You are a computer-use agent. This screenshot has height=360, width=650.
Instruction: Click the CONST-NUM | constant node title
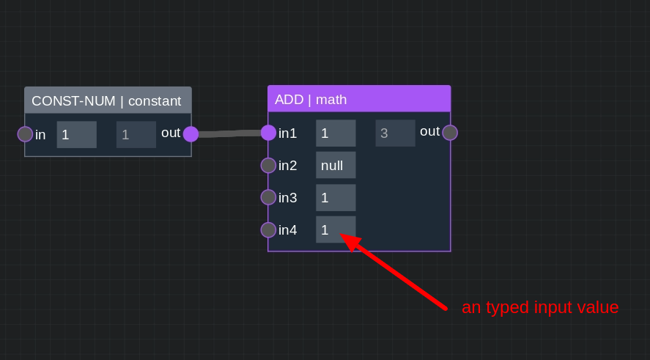(106, 100)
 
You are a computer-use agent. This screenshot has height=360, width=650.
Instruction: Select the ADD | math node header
(359, 99)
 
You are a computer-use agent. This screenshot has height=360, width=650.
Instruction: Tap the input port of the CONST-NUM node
(26, 134)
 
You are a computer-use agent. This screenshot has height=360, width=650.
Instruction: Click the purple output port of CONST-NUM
(191, 134)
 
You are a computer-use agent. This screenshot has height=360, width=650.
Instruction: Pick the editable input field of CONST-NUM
(77, 134)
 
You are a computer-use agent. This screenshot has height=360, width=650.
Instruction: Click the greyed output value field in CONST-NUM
(136, 134)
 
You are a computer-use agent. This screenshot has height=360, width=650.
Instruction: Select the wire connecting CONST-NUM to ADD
(229, 133)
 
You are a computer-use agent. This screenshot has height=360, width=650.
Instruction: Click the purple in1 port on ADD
(269, 133)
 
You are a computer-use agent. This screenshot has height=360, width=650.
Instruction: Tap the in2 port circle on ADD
(269, 166)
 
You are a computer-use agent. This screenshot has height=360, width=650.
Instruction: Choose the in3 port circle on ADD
(269, 197)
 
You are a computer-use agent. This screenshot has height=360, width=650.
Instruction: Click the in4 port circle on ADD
(269, 229)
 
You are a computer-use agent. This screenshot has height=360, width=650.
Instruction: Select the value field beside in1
(336, 133)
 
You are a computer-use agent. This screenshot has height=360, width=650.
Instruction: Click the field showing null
(336, 165)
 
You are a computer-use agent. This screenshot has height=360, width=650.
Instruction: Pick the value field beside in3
(336, 197)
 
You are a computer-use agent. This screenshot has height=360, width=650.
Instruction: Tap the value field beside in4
(336, 229)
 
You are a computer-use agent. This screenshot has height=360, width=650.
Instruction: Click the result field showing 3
(395, 133)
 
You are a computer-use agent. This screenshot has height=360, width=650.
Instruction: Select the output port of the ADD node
(450, 133)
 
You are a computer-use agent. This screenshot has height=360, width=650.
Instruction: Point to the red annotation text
(540, 307)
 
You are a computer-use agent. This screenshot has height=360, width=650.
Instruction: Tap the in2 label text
(288, 166)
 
